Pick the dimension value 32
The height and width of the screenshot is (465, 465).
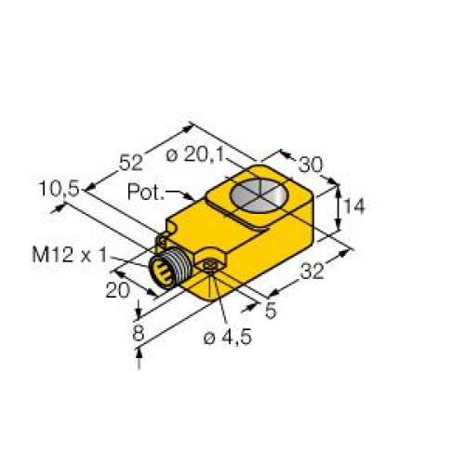[x=313, y=272]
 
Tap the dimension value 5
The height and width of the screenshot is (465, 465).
[x=271, y=312]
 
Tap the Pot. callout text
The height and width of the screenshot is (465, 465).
[x=144, y=193]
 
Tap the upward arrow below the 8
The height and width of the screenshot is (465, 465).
[x=140, y=352]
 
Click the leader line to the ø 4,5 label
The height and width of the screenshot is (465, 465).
[x=213, y=298]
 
